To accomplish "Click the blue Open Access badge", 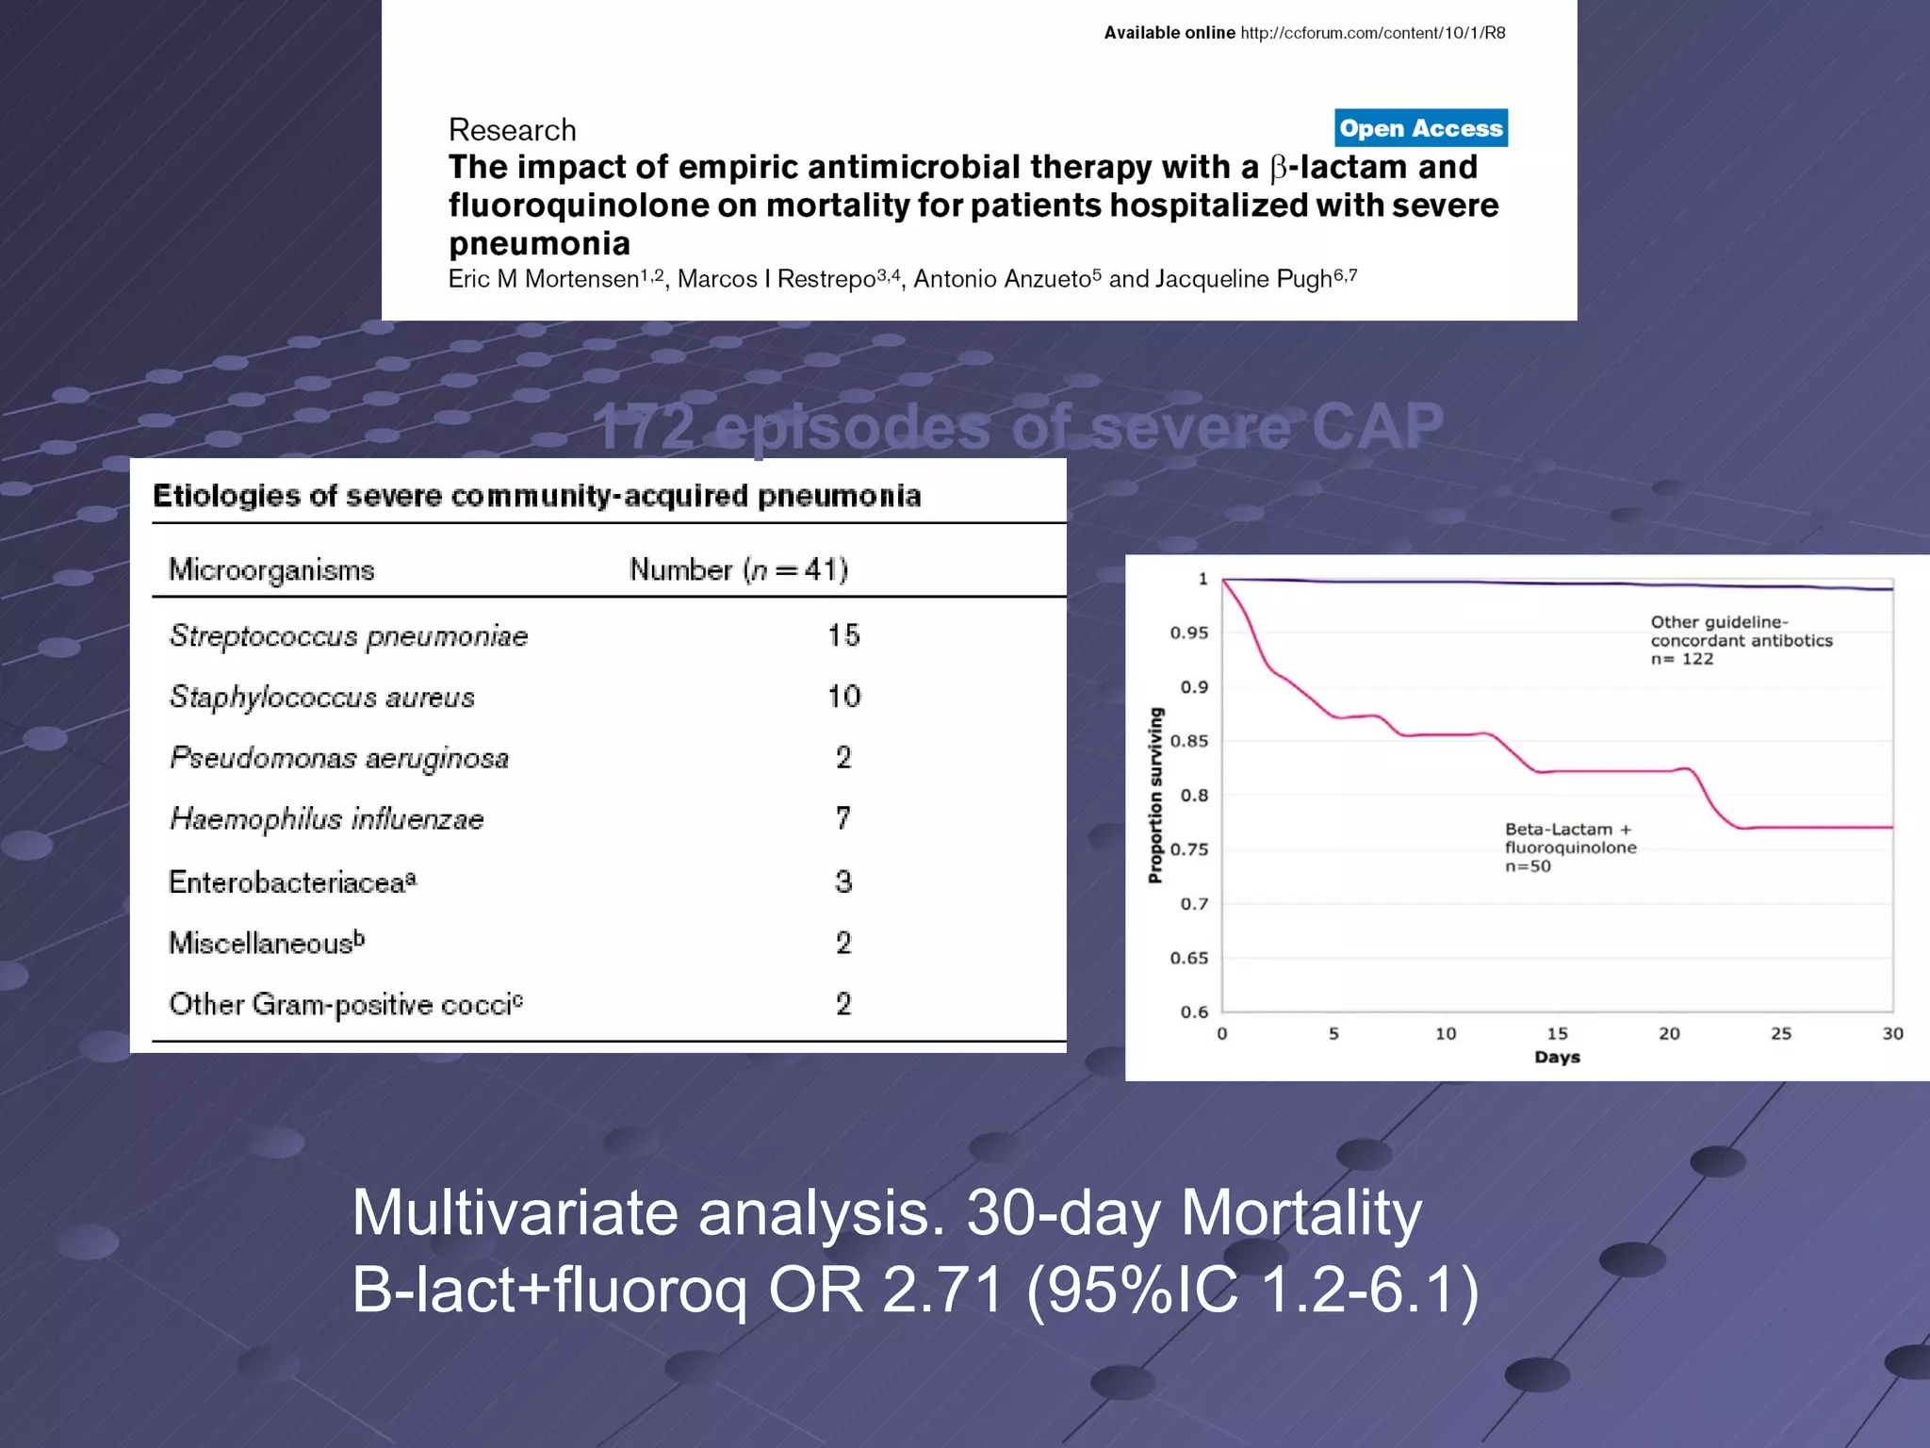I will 1420,128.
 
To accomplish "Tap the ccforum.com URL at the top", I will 1372,33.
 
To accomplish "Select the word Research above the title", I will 512,130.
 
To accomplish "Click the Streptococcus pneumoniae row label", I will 349,636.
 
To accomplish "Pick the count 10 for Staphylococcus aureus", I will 843,697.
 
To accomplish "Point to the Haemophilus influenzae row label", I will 326,819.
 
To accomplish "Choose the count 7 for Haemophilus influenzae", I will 843,818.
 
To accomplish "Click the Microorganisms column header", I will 271,570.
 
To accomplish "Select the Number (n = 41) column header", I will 739,570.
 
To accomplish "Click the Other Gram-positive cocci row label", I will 345,1005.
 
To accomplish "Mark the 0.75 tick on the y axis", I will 1188,849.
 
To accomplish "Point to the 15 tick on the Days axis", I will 1557,1033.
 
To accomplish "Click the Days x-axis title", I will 1557,1057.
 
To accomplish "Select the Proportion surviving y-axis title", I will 1155,796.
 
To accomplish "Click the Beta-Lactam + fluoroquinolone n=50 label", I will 1570,847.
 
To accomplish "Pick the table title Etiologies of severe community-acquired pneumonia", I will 536,496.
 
